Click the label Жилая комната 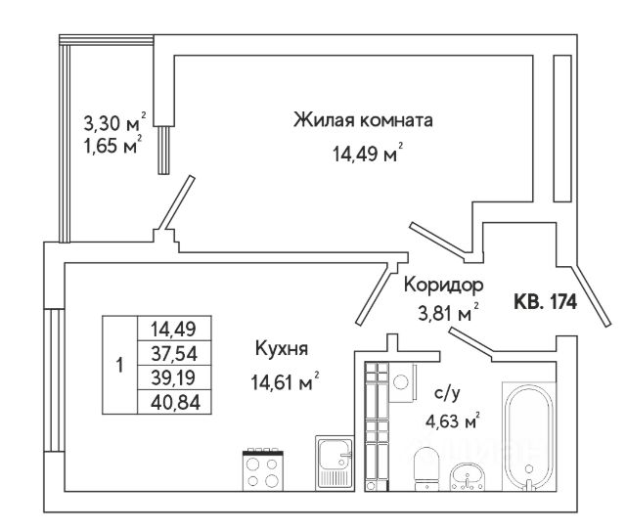point(362,121)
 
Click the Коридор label point(443,286)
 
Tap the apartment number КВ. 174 point(546,302)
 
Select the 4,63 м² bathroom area point(451,422)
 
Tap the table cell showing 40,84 point(174,399)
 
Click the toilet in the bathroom point(426,468)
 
